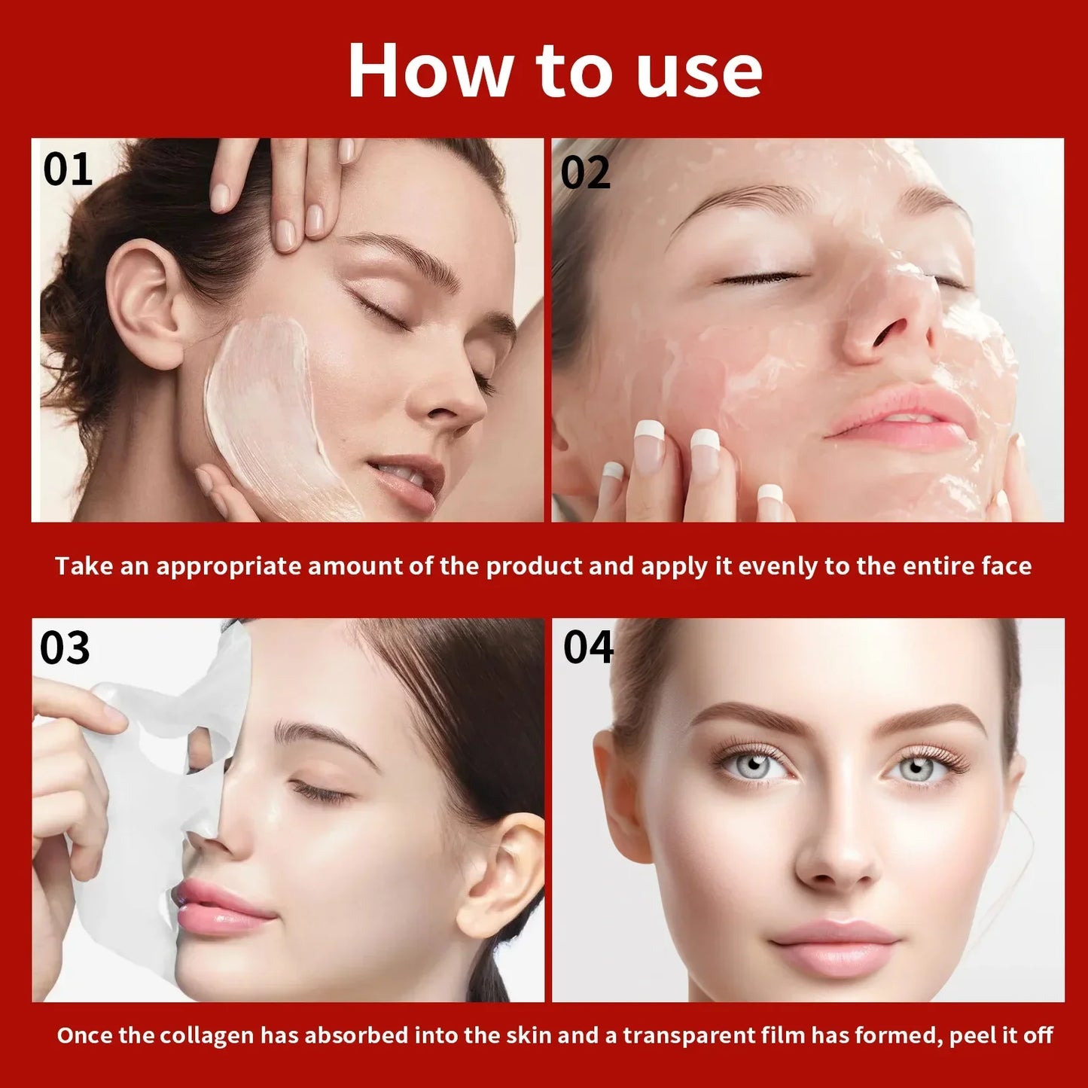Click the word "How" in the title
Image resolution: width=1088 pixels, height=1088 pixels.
[428, 71]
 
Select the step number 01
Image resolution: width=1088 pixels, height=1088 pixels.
[68, 169]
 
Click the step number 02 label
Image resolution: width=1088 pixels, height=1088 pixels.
[585, 173]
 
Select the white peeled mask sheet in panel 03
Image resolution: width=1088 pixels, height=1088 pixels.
[143, 813]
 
